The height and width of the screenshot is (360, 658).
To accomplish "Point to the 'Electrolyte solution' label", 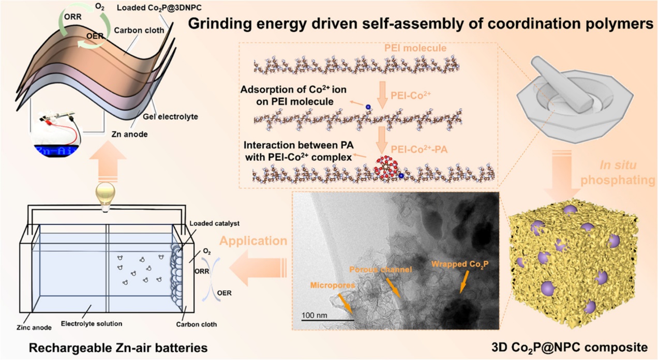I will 92,324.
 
